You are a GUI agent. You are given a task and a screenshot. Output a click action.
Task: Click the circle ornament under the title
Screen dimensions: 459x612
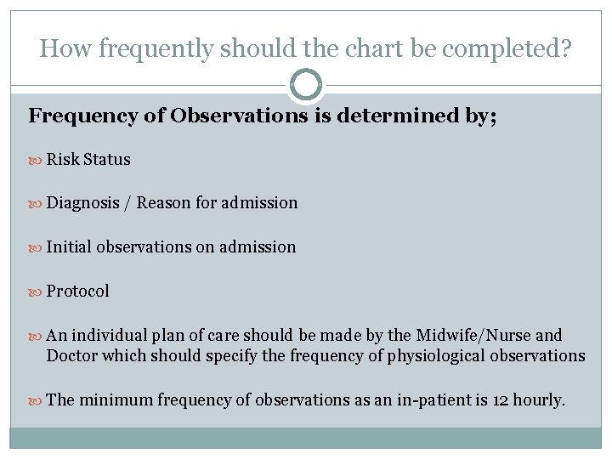pos(306,85)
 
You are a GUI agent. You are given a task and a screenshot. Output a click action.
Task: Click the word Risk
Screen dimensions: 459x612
pos(63,159)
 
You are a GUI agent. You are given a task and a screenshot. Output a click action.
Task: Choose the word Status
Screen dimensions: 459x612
pos(107,159)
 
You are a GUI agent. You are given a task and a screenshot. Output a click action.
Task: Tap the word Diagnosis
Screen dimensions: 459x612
pos(82,203)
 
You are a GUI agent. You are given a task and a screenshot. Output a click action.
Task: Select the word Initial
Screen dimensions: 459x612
pos(69,247)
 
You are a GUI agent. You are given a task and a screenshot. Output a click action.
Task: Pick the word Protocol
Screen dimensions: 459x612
pos(78,292)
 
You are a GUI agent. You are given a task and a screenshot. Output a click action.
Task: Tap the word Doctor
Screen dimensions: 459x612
pos(71,355)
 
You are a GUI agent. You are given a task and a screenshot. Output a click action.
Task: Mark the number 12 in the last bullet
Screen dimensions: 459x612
pos(502,399)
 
